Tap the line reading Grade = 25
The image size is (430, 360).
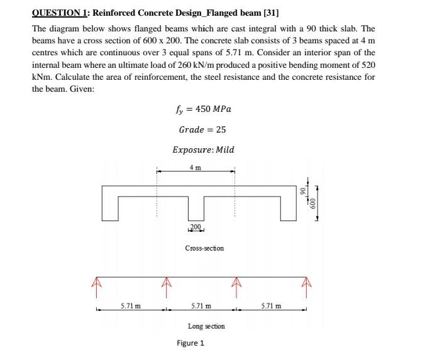202,129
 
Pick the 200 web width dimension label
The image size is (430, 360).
196,226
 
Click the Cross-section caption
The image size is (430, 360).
204,248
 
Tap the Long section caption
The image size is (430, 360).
206,327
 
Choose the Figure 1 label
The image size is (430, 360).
190,343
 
